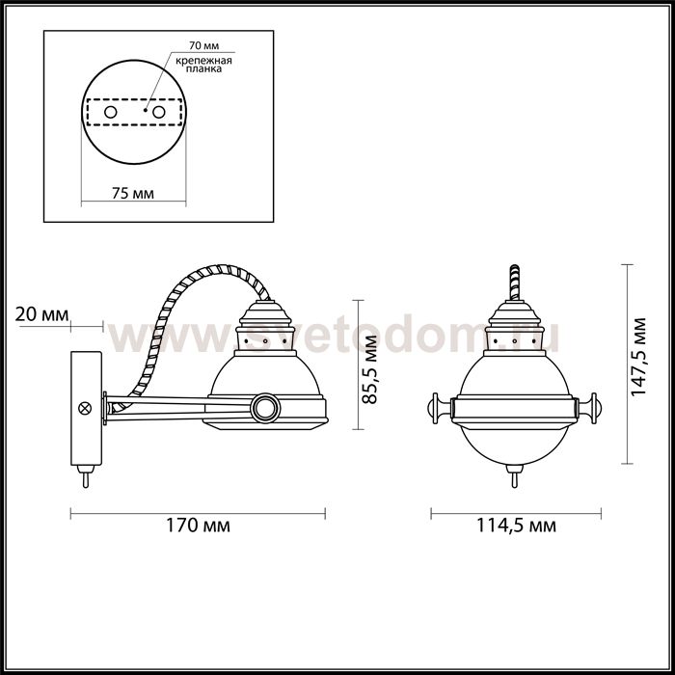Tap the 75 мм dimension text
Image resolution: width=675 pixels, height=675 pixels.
132,193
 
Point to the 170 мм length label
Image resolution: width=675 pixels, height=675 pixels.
198,526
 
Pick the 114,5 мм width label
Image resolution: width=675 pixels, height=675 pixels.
517,526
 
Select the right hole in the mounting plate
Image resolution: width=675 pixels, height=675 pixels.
157,114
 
